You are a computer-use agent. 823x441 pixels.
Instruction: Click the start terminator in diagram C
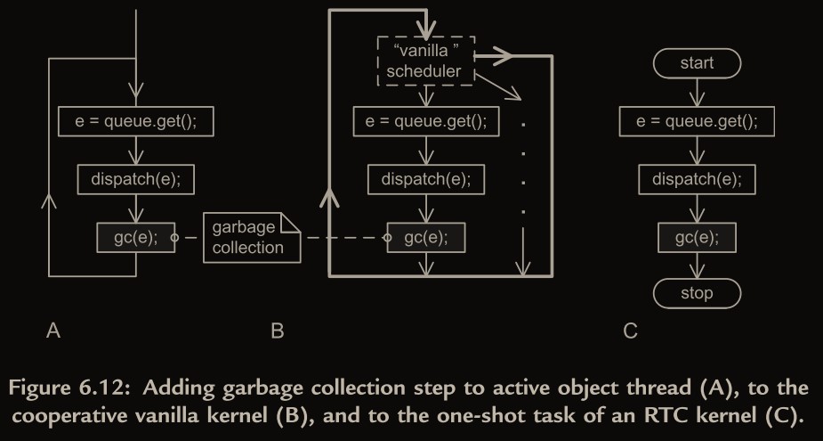(x=697, y=63)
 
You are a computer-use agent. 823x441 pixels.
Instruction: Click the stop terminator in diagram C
(x=697, y=293)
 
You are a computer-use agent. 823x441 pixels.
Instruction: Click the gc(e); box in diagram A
(x=135, y=238)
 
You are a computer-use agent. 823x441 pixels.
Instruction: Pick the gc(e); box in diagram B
(x=425, y=238)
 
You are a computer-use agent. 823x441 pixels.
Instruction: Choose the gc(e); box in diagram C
(x=697, y=238)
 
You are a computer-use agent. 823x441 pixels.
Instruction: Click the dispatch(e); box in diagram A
(x=135, y=179)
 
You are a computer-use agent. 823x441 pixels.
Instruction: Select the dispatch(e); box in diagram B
(x=425, y=179)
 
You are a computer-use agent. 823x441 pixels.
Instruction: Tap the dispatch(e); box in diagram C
(x=697, y=179)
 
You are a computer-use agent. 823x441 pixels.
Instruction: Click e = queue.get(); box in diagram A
(x=135, y=122)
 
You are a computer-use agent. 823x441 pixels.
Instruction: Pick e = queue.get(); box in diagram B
(x=425, y=122)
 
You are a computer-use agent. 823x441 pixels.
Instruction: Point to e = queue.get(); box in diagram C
(x=697, y=122)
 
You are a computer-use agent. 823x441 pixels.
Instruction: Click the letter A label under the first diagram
(x=52, y=331)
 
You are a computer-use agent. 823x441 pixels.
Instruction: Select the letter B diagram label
(x=277, y=331)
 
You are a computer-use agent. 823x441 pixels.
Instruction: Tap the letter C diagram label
(x=630, y=331)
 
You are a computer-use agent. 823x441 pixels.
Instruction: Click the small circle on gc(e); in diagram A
(x=174, y=238)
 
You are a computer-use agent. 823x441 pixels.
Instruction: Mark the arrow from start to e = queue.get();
(x=697, y=93)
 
